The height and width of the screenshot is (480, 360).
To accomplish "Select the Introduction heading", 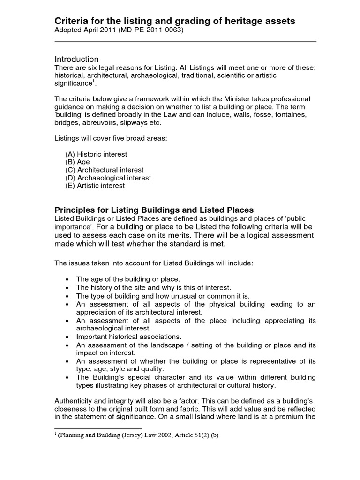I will click(76, 59).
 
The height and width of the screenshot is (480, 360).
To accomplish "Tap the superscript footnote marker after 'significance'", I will click(93, 81).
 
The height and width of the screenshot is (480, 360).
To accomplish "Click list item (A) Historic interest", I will click(96, 154).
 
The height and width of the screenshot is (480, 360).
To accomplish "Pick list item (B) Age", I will click(77, 162).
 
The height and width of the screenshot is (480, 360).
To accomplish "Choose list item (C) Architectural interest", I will click(104, 170).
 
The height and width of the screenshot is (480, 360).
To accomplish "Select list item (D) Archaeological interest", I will click(108, 178).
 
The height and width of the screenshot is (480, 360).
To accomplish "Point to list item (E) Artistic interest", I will click(95, 185).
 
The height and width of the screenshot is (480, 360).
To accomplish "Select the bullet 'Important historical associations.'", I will click(128, 337).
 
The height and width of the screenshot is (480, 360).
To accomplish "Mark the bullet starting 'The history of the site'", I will click(147, 287).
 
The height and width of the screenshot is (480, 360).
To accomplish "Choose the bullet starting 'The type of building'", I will click(157, 296).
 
